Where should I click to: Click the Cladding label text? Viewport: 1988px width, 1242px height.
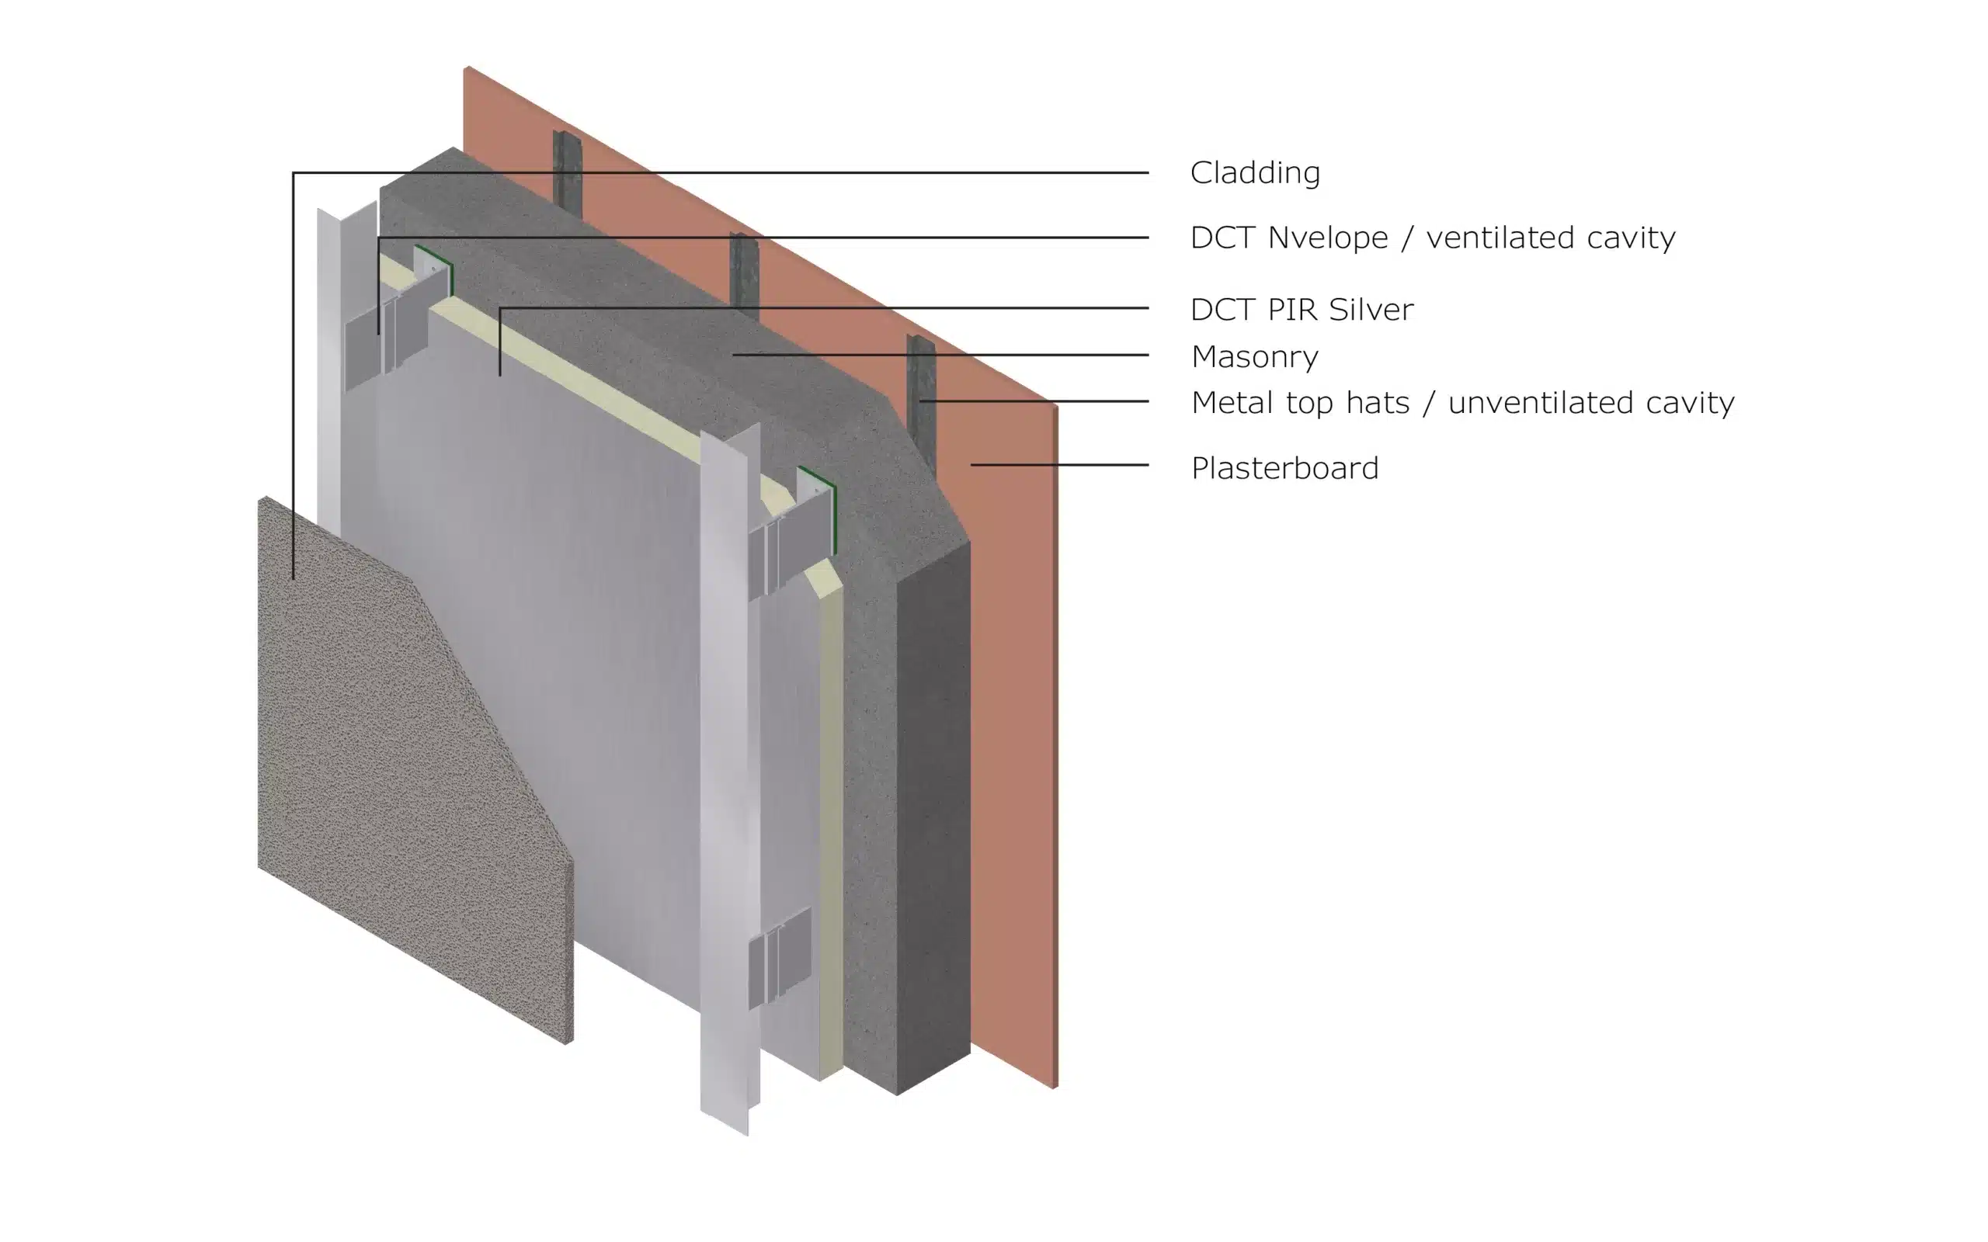(1254, 172)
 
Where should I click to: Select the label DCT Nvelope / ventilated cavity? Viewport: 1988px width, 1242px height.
(1433, 238)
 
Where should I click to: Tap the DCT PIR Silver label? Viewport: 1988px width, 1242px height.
(1302, 309)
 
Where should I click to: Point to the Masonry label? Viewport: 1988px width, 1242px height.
(1254, 356)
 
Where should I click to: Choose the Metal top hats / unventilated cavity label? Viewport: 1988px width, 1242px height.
(1462, 403)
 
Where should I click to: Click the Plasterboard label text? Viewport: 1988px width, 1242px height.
(1284, 468)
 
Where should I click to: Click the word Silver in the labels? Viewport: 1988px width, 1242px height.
(1371, 309)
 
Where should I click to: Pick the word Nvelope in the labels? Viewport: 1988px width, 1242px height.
(1327, 238)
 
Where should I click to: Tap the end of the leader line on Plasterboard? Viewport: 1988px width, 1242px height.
(971, 465)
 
